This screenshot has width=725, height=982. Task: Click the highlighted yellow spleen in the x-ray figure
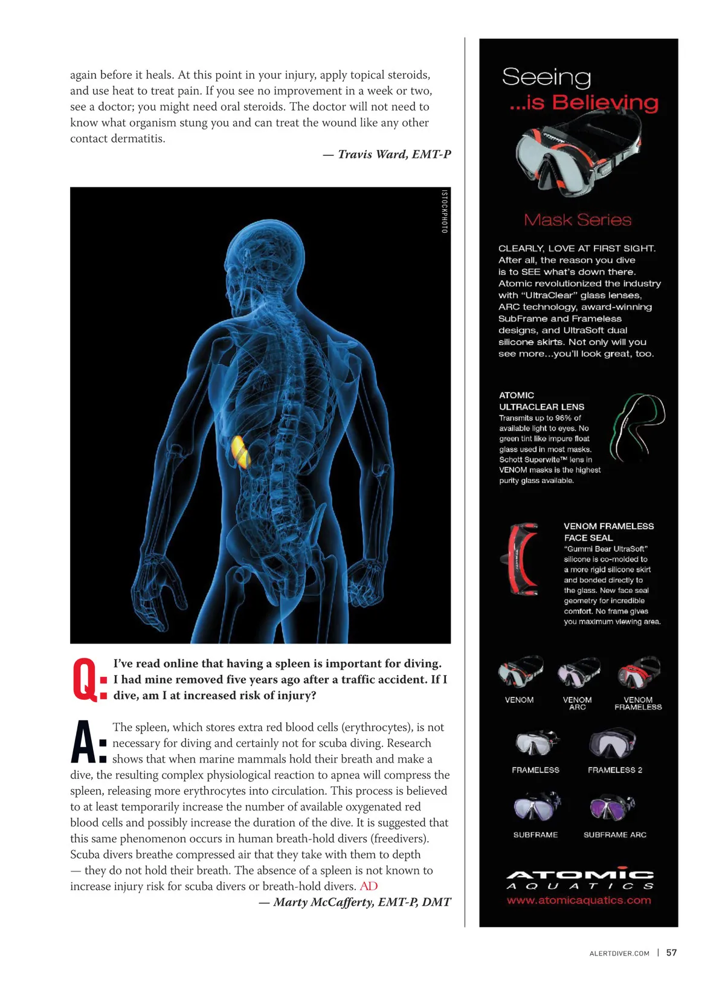click(240, 452)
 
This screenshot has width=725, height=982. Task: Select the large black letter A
click(83, 743)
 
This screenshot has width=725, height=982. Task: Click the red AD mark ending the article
click(369, 887)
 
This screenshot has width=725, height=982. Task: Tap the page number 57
click(671, 953)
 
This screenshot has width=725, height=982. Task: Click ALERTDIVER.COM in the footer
click(619, 954)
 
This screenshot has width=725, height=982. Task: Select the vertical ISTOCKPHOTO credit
click(444, 212)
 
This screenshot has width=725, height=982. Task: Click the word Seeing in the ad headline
click(546, 77)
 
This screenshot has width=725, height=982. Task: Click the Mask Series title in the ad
click(578, 220)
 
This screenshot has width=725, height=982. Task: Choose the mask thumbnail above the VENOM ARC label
click(578, 673)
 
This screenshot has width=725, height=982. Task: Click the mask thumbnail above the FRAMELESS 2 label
click(613, 744)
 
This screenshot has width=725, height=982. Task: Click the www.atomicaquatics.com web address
click(579, 900)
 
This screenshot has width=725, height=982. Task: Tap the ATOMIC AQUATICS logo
click(579, 879)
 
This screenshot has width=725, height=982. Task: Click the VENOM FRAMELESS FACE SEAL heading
click(608, 532)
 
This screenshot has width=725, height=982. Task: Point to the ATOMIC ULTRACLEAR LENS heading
click(541, 401)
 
